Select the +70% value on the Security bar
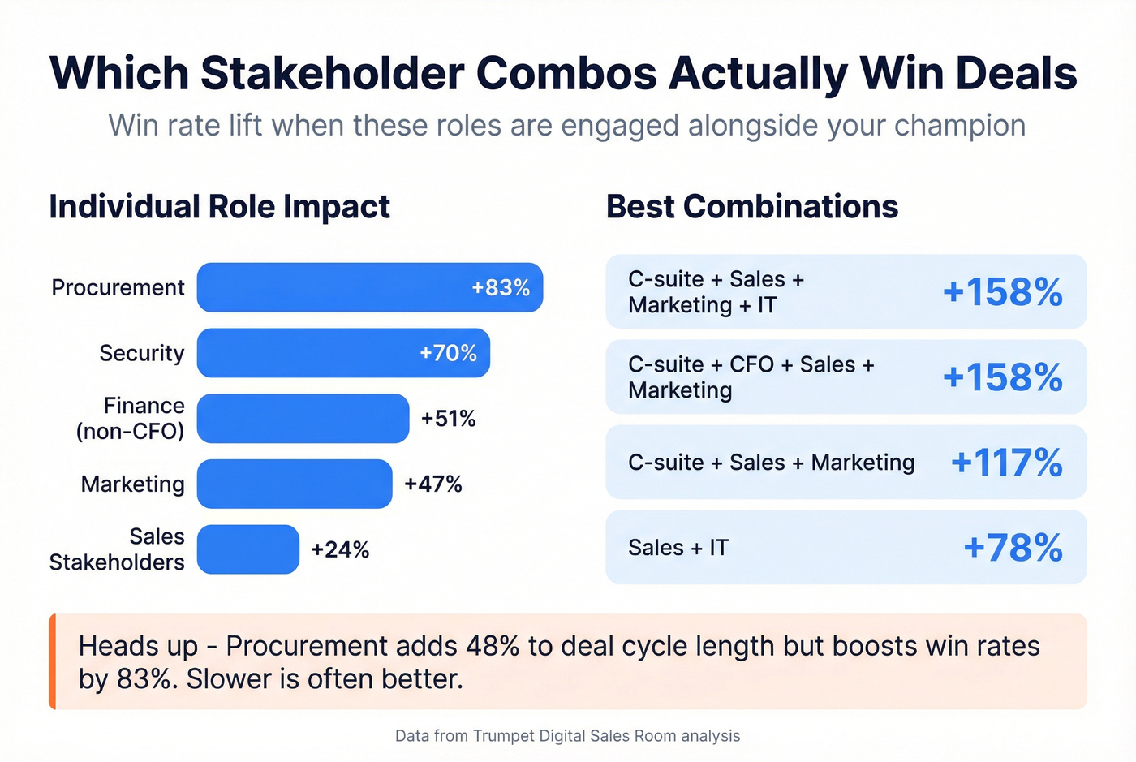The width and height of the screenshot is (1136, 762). point(448,353)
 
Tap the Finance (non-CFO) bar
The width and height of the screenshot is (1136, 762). point(303,419)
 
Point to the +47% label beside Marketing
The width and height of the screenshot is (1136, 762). point(433,484)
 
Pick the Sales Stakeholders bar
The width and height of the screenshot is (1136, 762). point(247,549)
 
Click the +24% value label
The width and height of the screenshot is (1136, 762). point(340,549)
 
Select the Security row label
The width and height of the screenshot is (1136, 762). point(141,353)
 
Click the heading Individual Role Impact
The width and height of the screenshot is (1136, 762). point(219,207)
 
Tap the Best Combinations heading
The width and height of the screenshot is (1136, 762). point(751,207)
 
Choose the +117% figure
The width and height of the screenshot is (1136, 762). point(1006,463)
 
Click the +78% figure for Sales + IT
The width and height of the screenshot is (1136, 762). point(1013,548)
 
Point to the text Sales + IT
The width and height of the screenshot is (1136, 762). point(678,548)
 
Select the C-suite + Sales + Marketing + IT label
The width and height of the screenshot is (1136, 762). point(716,292)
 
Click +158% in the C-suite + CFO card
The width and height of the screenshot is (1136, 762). point(1002,377)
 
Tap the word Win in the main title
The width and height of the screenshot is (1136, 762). point(903,73)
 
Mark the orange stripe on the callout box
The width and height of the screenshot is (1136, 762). point(53,661)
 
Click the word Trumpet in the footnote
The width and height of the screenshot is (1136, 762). point(503,736)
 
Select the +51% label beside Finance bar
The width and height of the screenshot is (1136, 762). point(448,419)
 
